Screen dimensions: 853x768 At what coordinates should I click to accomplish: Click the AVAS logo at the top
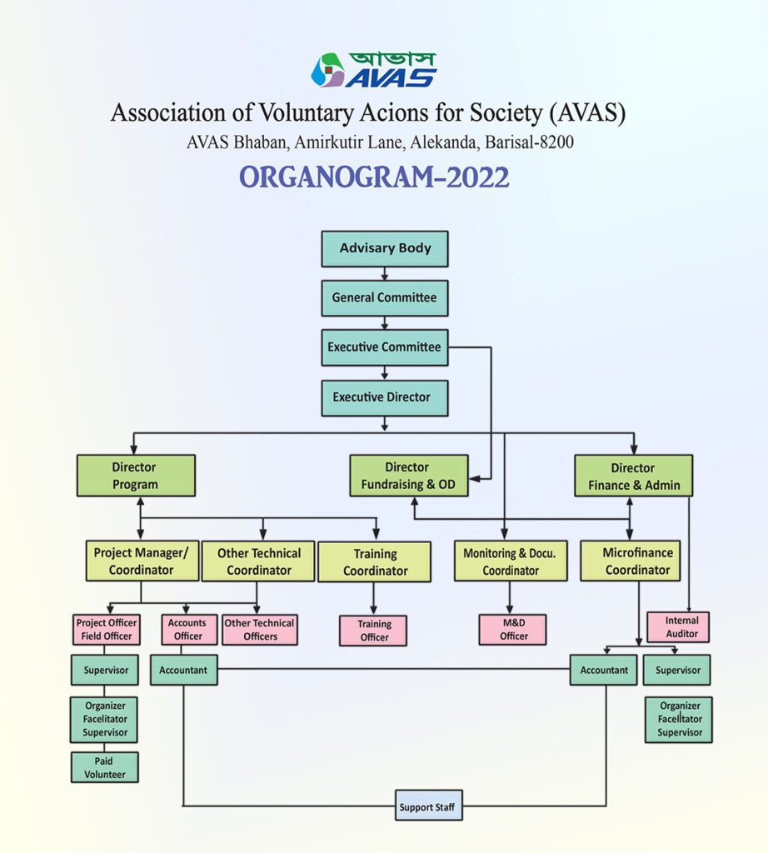point(374,70)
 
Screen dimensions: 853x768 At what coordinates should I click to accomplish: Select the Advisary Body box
point(385,248)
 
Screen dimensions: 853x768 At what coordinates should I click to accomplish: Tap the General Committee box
point(384,297)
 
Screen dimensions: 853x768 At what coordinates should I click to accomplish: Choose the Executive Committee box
point(384,347)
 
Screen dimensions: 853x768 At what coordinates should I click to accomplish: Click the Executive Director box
point(384,397)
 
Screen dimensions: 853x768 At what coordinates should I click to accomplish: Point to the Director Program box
point(135,476)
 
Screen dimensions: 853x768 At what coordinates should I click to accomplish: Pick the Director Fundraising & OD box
point(408,476)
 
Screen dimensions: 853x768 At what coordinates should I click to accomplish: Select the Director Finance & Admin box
point(634,476)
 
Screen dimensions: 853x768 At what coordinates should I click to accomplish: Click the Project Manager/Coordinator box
point(141,561)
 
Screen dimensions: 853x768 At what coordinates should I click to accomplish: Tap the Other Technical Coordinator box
point(259,561)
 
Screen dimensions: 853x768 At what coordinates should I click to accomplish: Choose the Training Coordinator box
point(375,562)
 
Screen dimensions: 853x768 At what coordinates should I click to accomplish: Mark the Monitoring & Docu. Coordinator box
point(510,561)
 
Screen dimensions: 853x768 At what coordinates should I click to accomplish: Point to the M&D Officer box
point(513,630)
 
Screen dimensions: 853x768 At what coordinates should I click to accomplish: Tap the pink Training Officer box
point(374,631)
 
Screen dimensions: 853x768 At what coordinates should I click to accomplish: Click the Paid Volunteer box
point(104,767)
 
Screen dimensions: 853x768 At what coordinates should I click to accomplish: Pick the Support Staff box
point(427,807)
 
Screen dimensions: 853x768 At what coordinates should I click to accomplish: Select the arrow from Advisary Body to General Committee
point(384,273)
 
